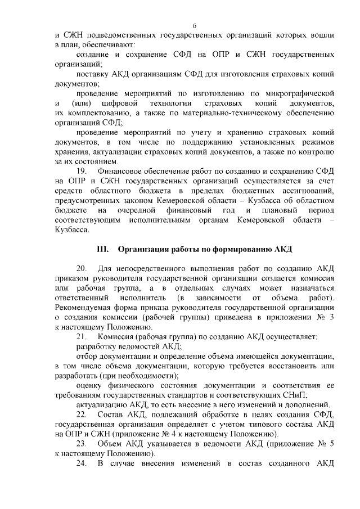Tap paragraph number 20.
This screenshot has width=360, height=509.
pos(82,268)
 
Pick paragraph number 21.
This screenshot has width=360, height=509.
pos(82,336)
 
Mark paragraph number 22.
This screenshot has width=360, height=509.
pos(82,415)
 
